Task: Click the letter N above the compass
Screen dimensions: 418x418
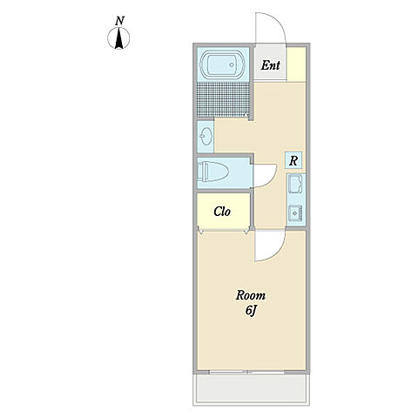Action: click(x=119, y=21)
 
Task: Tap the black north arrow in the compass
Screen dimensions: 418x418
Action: click(x=118, y=38)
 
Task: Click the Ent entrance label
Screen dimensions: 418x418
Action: click(x=271, y=65)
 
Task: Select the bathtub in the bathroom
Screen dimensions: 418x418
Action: click(x=223, y=64)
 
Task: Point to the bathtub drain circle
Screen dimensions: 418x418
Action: click(x=232, y=64)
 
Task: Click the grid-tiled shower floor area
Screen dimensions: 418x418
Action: click(x=223, y=99)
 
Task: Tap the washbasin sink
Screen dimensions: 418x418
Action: click(x=206, y=137)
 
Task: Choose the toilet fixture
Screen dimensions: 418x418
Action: click(x=212, y=172)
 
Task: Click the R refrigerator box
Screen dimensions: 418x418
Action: click(x=293, y=160)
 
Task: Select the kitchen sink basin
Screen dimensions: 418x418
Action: click(x=295, y=183)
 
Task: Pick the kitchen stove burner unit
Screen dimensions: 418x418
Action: click(x=295, y=213)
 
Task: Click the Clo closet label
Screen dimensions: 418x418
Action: click(x=222, y=212)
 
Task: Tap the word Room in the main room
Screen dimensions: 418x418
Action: click(x=251, y=295)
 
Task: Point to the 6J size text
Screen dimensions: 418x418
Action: click(x=251, y=311)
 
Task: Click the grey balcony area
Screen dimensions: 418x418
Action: click(x=252, y=388)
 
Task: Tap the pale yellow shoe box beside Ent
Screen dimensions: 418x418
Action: click(x=296, y=64)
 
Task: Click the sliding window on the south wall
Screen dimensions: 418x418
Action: click(x=246, y=372)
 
